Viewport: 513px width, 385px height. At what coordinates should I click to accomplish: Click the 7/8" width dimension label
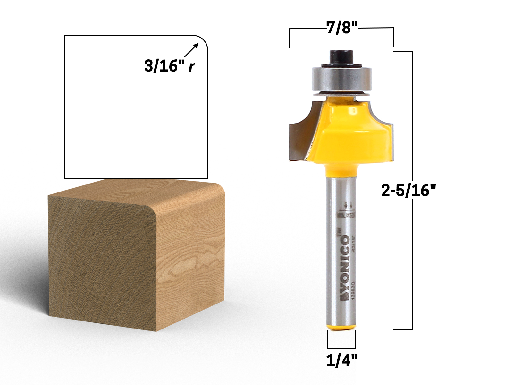click(342, 28)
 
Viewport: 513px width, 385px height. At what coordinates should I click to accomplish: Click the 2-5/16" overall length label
click(408, 191)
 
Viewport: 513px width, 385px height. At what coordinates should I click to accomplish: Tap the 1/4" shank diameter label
click(341, 361)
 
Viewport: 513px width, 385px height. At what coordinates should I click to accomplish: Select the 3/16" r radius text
click(165, 66)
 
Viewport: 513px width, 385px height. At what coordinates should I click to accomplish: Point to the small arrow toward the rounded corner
click(191, 50)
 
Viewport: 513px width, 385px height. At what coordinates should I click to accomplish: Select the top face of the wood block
click(135, 193)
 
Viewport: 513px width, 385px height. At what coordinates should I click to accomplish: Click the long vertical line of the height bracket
click(413, 257)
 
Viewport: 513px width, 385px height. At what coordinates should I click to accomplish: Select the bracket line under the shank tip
click(341, 348)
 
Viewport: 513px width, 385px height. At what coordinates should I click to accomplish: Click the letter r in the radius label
click(191, 66)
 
